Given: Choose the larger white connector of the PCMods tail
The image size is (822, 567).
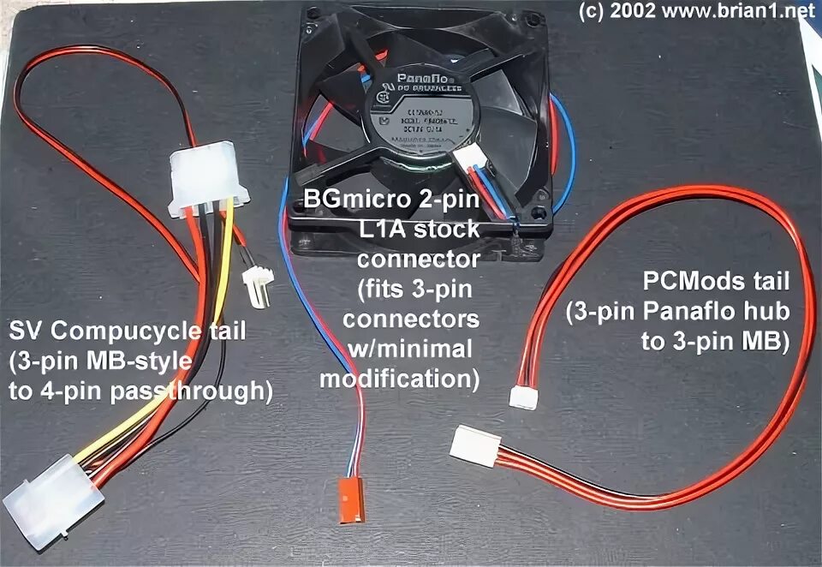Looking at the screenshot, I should click(475, 446).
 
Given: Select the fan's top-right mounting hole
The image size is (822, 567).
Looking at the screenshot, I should click(535, 17).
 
